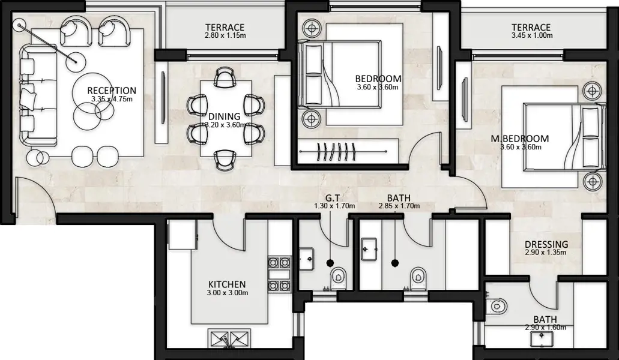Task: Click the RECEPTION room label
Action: pyautogui.click(x=112, y=91)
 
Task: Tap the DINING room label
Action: pyautogui.click(x=224, y=117)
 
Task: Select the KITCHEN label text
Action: pyautogui.click(x=227, y=284)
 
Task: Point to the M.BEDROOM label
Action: pyautogui.click(x=520, y=139)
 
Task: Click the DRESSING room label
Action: pyautogui.click(x=546, y=244)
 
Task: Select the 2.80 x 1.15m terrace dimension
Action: pyautogui.click(x=225, y=35)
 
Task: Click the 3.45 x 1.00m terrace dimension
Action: pyautogui.click(x=532, y=35)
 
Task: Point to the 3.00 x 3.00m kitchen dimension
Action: pyautogui.click(x=228, y=293)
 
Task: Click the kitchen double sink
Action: pyautogui.click(x=229, y=339)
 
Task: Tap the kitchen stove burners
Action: pyautogui.click(x=280, y=274)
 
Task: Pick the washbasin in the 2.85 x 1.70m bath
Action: pyautogui.click(x=370, y=249)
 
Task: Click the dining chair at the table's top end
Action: pyautogui.click(x=225, y=76)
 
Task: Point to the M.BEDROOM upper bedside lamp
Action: pyautogui.click(x=592, y=91)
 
